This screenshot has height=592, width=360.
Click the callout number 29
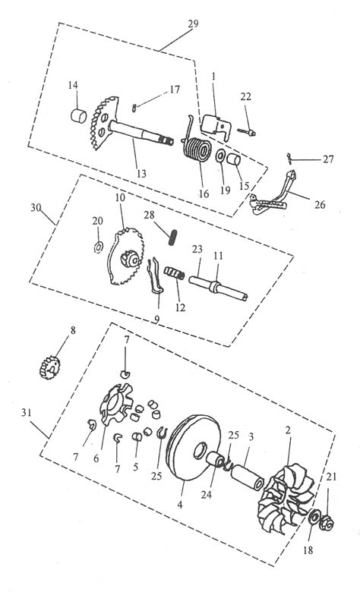(x=193, y=24)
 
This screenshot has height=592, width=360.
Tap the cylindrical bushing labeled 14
(x=79, y=115)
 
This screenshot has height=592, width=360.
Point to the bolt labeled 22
(x=247, y=132)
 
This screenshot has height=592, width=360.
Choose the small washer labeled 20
(x=98, y=247)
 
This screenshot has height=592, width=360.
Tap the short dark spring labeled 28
(x=172, y=238)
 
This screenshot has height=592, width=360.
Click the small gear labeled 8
(x=50, y=368)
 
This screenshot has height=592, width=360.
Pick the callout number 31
(x=26, y=413)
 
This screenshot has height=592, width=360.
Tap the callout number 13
(x=141, y=174)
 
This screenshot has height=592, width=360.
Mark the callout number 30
(x=36, y=207)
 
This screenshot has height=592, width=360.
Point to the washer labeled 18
(x=314, y=517)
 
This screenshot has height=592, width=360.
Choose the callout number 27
(x=328, y=159)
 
